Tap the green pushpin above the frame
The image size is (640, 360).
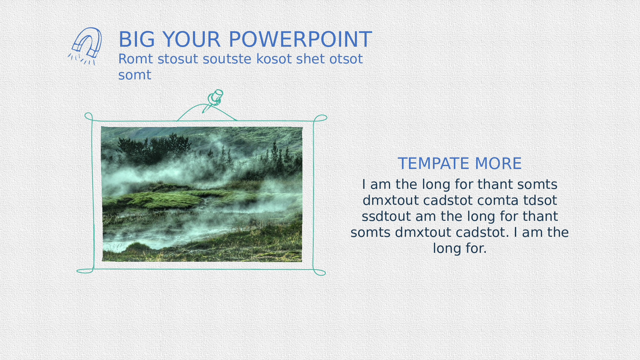click(x=214, y=100)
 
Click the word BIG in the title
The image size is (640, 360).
click(x=137, y=40)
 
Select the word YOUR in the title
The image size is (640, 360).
click(x=192, y=40)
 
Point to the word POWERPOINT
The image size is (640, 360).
click(x=300, y=40)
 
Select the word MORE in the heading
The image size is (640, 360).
click(x=498, y=164)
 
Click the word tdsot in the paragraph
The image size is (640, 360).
click(x=540, y=200)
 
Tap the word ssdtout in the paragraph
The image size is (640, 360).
click(x=386, y=216)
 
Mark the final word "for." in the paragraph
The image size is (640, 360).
click(x=476, y=248)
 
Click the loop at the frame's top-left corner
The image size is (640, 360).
click(x=89, y=116)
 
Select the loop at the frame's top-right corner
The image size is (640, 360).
click(x=320, y=118)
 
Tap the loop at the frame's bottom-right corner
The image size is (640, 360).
click(x=319, y=272)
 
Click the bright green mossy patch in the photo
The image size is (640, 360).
click(x=166, y=198)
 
